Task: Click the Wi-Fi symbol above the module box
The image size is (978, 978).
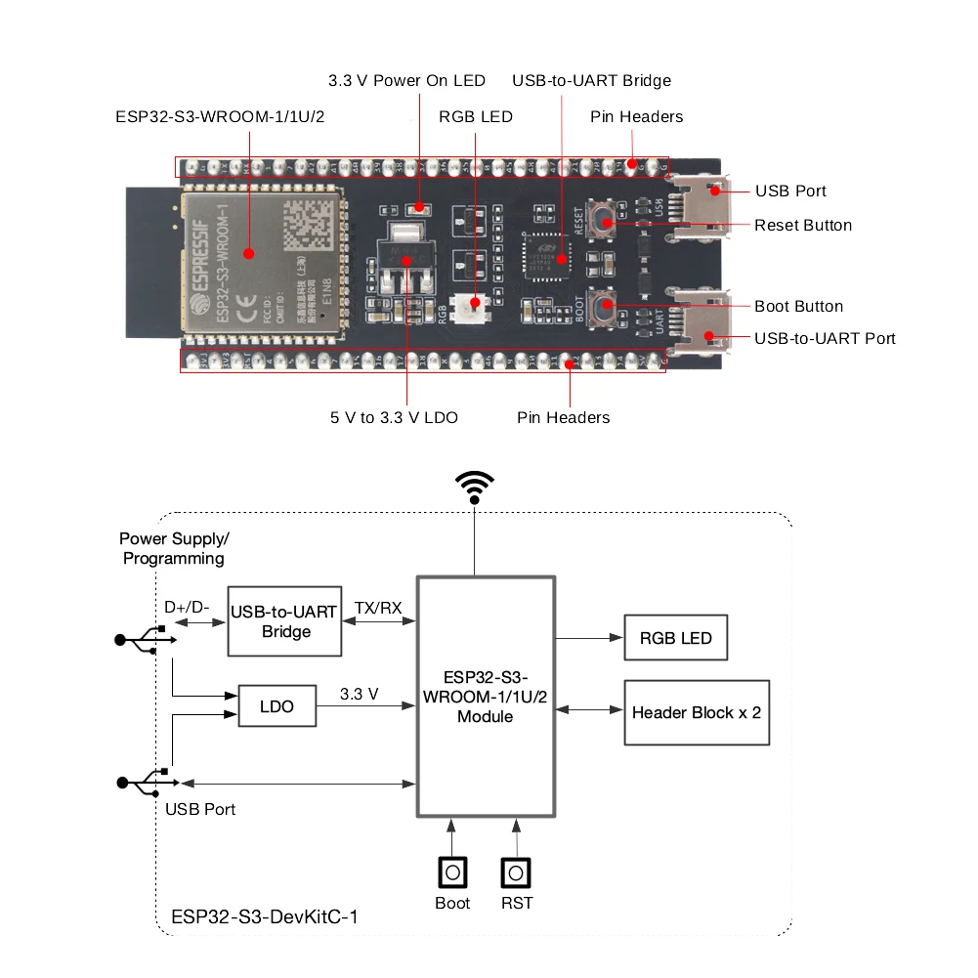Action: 475,486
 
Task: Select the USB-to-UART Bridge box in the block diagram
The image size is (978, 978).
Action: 284,621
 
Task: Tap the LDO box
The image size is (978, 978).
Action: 277,705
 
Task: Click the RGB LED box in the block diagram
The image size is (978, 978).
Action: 675,638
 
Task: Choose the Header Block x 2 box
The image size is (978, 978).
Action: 697,712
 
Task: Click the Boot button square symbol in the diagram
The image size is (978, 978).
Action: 451,872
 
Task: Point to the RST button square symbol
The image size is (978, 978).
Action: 516,872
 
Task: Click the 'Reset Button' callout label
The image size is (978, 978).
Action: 802,226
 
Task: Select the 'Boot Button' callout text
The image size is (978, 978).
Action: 798,307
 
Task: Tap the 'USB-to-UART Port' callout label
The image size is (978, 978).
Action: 825,339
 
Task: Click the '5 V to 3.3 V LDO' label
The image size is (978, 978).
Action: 393,417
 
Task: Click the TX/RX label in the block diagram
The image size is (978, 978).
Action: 378,607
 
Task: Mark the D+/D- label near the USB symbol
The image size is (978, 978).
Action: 187,607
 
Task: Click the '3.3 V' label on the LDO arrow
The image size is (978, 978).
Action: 360,694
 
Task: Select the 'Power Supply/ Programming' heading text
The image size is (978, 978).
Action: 174,548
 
